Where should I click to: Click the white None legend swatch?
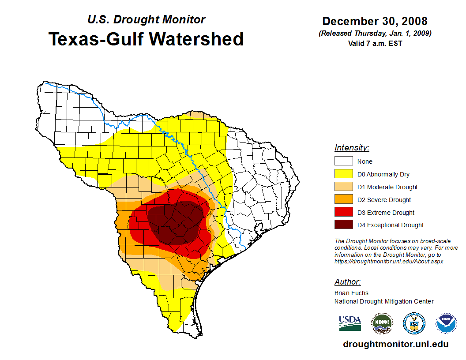tap(343, 161)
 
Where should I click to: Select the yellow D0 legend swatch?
tap(343, 174)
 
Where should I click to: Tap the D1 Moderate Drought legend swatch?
tap(343, 187)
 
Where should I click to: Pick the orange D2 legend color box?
tap(343, 200)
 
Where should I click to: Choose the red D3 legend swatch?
tap(343, 213)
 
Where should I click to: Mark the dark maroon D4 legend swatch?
tap(343, 225)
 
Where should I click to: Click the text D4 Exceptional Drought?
tap(390, 225)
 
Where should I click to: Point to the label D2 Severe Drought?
tap(384, 200)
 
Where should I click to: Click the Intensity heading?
tap(352, 148)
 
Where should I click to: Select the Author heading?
tap(347, 282)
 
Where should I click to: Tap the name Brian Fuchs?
tap(351, 293)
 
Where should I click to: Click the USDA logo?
tap(350, 323)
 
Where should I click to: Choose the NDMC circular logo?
tap(382, 324)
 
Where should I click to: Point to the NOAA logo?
tap(446, 324)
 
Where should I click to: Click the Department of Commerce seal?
tap(414, 324)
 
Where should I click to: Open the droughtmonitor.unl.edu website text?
tap(395, 345)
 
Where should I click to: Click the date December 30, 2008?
tap(375, 21)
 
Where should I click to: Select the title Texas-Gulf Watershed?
tap(146, 39)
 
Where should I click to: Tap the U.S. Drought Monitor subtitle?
tap(146, 19)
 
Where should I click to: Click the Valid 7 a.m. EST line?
tap(375, 43)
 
